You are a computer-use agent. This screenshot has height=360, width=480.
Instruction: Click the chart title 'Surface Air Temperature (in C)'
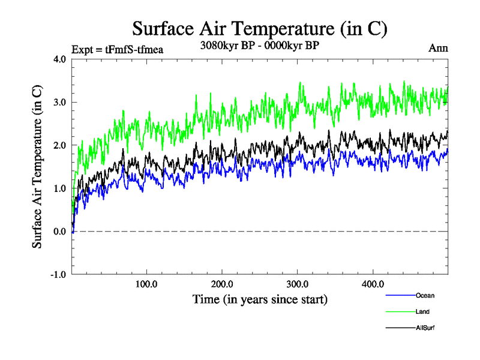pos(259,28)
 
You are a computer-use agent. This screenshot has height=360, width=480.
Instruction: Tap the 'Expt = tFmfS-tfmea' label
pos(117,49)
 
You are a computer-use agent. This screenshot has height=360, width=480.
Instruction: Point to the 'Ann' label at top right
pos(438,49)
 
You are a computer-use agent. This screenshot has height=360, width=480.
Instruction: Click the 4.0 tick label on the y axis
pos(60,59)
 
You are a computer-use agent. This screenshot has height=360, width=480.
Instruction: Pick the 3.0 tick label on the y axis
pos(60,102)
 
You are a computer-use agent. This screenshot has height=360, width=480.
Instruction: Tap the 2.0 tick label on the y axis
pos(60,145)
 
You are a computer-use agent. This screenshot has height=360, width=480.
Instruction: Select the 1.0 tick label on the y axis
pos(60,188)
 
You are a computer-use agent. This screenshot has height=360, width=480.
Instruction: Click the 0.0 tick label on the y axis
pos(60,232)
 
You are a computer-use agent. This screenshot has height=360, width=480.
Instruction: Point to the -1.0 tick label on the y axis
pos(59,275)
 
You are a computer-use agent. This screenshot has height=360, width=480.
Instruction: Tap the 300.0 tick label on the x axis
pos(298,284)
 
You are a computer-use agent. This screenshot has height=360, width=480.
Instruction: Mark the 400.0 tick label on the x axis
pos(373,284)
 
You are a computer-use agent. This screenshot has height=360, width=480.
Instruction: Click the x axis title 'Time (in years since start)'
pos(260,298)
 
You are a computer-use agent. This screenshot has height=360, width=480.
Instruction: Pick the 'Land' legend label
pos(422,311)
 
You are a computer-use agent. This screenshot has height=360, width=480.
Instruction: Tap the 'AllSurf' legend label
pos(425,328)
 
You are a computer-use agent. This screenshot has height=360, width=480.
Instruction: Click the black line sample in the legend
pos(400,328)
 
